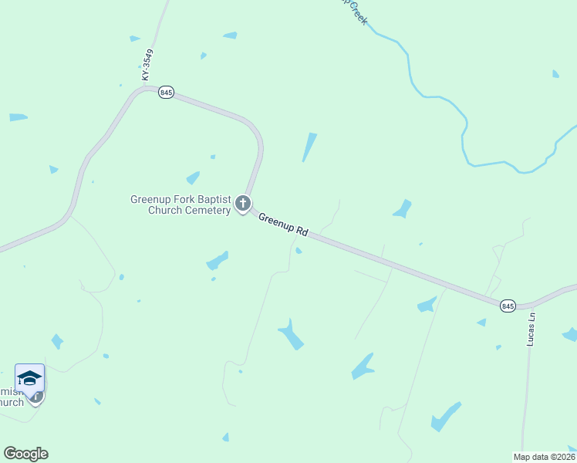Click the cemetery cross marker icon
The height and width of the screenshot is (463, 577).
pos(243,204)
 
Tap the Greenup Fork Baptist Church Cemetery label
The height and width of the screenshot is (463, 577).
pos(181,204)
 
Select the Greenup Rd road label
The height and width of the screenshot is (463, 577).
pos(283,224)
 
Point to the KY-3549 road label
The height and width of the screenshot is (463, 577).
pos(148,66)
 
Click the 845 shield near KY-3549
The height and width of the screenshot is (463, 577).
pos(166,93)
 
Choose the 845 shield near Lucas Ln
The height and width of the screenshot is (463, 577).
pos(507,306)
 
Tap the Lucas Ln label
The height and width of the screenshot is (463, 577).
pos(531,329)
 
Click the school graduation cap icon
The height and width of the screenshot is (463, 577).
pos(29,378)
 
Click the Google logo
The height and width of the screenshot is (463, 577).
pos(25,454)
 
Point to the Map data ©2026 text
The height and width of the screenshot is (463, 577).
pos(543,457)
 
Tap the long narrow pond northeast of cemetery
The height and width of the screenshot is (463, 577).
pos(309,147)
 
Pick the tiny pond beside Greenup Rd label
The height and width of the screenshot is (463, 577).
pos(299,250)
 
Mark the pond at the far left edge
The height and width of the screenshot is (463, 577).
pos(19,117)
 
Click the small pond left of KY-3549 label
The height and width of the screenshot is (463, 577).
pos(135,38)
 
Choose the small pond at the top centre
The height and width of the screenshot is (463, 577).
pos(230,35)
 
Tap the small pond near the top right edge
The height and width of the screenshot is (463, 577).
pos(555,74)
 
